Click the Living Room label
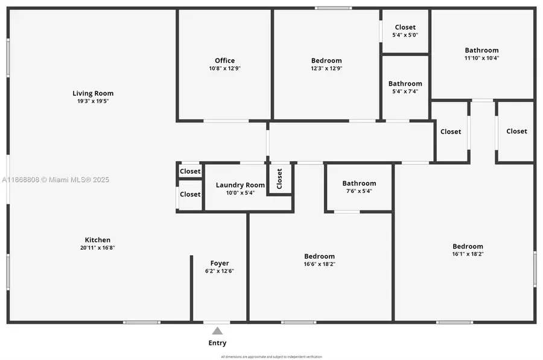[93, 93]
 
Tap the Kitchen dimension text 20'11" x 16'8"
[97, 248]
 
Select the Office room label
[224, 60]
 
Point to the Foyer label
[220, 263]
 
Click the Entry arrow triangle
[217, 330]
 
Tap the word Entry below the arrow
[217, 343]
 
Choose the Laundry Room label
[240, 185]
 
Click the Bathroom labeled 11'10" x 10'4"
[481, 50]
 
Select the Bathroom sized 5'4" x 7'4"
[405, 84]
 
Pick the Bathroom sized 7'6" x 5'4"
[359, 183]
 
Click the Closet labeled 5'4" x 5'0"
[405, 27]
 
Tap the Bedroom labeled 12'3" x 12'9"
[326, 60]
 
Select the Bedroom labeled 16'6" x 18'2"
[319, 256]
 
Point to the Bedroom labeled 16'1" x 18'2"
[468, 246]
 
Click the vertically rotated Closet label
[279, 178]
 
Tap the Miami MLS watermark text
[56, 180]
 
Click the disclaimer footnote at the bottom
[271, 357]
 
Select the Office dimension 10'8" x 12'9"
[224, 69]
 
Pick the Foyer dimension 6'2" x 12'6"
[220, 271]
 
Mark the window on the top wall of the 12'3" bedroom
[333, 8]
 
